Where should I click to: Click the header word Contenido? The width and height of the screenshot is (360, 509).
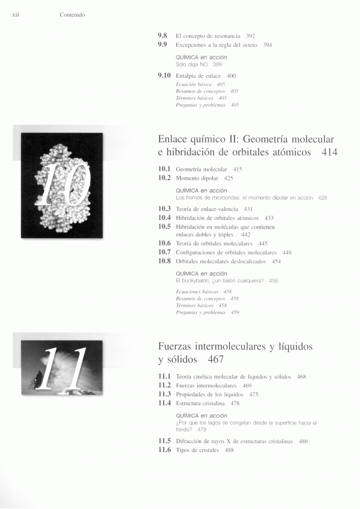coord(72,15)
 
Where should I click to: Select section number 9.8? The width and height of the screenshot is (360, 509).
coord(163,36)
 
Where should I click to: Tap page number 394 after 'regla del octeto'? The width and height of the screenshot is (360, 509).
coord(268,45)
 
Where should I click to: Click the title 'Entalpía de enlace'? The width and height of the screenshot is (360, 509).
coord(198,76)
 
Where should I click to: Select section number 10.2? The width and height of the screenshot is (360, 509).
coord(164,178)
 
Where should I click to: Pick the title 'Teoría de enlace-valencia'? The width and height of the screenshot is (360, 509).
coord(206,209)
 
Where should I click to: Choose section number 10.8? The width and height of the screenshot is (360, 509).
coord(164,261)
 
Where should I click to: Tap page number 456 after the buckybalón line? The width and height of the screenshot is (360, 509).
coord(274,280)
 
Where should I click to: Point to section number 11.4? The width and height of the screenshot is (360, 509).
coord(164,403)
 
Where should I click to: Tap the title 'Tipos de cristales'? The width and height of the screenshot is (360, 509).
coord(196,450)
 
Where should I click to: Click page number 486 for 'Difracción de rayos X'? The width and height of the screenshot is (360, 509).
coord(303,441)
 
